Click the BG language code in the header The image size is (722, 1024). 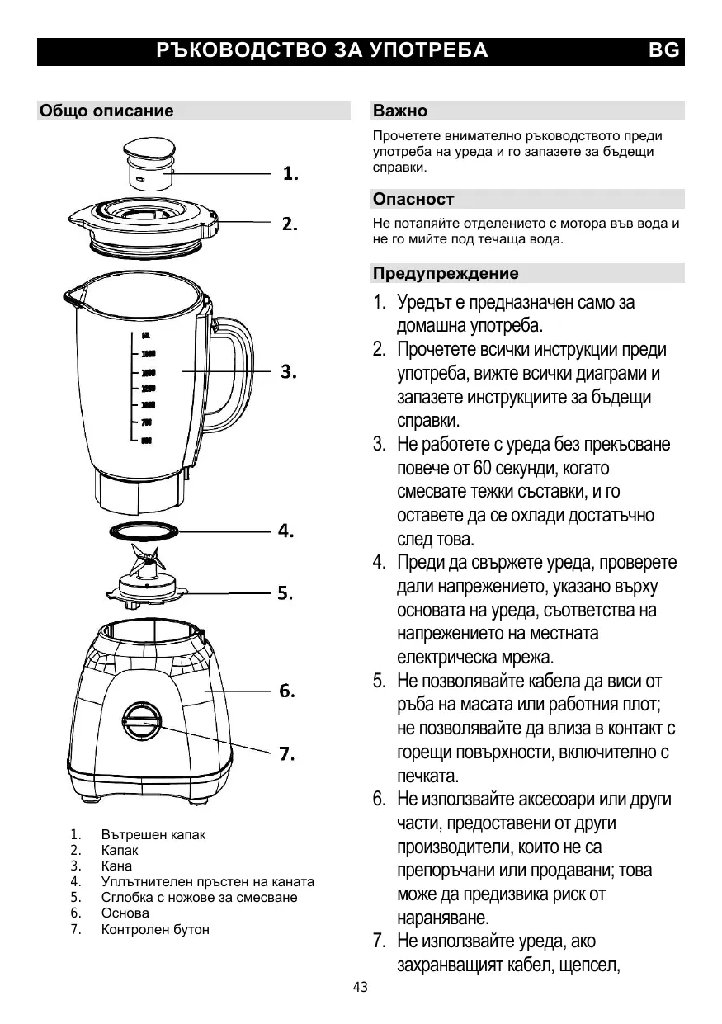[664, 50]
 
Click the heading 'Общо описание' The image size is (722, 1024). [107, 111]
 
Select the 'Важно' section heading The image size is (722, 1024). [400, 111]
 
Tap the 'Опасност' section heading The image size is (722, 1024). [413, 199]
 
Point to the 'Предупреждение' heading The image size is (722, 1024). [446, 273]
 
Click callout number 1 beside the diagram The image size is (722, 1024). [290, 174]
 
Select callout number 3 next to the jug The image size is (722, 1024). [289, 372]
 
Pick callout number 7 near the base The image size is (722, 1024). [287, 753]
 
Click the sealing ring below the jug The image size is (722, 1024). [144, 531]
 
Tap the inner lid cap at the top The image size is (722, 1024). [150, 165]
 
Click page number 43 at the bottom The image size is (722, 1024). [361, 988]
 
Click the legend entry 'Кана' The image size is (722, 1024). [116, 866]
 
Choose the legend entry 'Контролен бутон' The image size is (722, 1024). [155, 929]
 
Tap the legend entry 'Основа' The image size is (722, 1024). [125, 913]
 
